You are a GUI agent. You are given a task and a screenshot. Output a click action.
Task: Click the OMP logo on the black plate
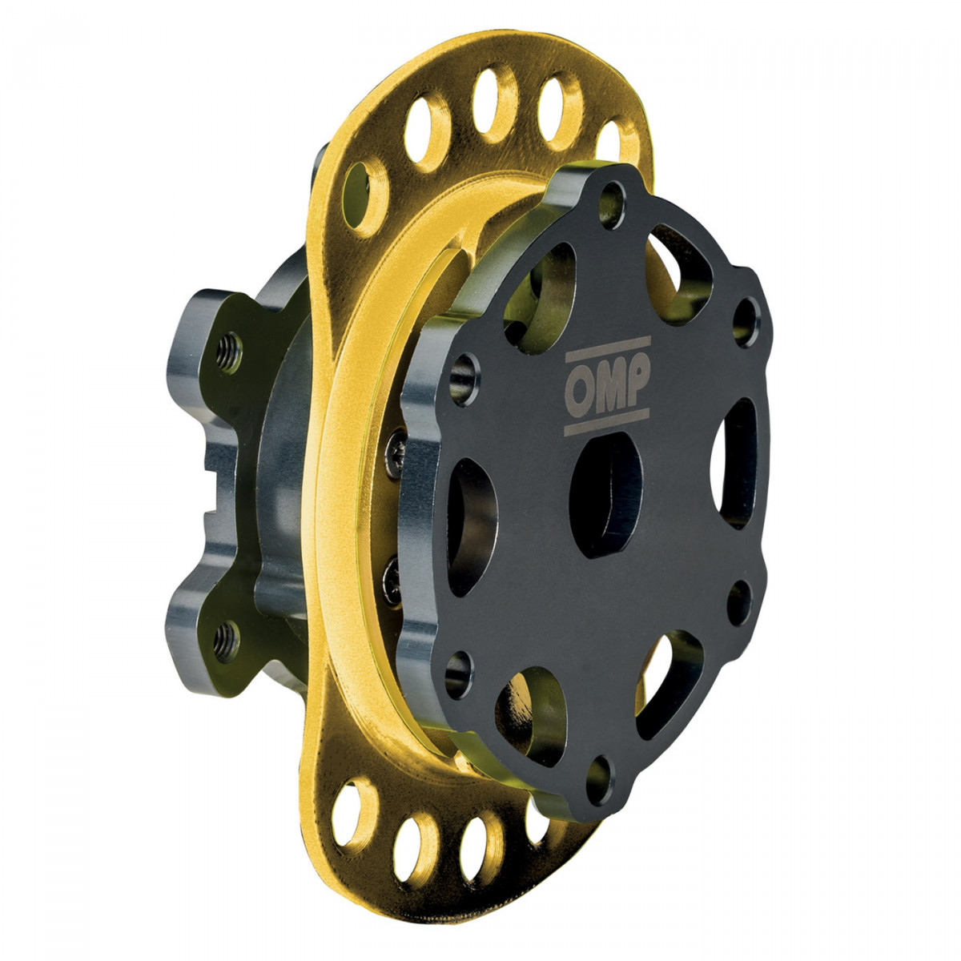point(607,385)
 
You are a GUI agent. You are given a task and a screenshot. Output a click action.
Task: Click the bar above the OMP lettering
point(609,349)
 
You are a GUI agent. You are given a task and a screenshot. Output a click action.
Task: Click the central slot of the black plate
point(605,495)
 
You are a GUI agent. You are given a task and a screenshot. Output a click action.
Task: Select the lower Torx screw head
point(392,581)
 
